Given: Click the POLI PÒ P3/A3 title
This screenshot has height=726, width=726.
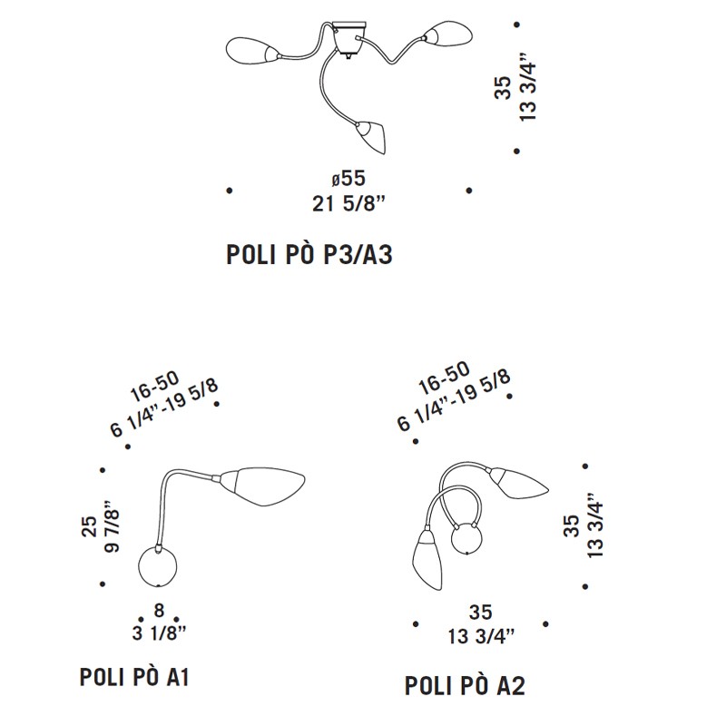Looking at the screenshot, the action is coord(309,255).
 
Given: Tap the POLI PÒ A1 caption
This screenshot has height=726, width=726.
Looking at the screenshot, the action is coord(134,677).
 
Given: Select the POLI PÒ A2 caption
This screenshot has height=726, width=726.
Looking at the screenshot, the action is coord(465,685).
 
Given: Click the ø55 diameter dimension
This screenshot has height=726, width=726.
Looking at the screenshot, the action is coord(348,178).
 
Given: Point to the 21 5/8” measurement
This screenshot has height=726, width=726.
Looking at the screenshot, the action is coord(349,203).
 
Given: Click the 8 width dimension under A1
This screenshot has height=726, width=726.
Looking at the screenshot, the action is coord(159,610).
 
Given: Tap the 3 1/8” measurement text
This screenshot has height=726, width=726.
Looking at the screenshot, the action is coord(159,633).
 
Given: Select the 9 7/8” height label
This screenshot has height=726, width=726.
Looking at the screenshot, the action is coord(113,525).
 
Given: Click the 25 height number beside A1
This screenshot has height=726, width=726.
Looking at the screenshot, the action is coord(89,526).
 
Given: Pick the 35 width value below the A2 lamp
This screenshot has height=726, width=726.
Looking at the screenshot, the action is coord(480,612).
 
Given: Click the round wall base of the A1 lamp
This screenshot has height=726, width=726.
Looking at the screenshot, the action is coord(158,566).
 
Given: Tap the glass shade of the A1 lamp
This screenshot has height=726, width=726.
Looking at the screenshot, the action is coord(262,486).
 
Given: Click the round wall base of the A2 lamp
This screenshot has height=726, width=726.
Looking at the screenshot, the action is coord(467,538).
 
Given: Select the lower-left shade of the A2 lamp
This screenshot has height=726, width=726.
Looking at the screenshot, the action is coord(427,560).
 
